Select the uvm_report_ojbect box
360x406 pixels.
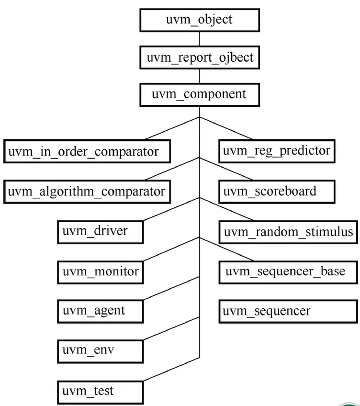coord(199,58)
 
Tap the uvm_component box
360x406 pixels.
coord(199,94)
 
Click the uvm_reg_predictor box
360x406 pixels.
coord(276,151)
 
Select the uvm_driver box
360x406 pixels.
coord(100,231)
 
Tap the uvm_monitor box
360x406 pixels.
coord(100,271)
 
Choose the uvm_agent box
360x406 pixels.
coord(100,311)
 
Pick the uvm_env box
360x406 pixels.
coord(100,350)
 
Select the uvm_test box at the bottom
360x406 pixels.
coord(100,391)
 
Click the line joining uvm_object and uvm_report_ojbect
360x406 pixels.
coord(199,39)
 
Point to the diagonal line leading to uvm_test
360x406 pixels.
coord(171,369)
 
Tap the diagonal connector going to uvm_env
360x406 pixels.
coord(171,329)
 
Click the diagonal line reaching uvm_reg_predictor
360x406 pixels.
coord(225,128)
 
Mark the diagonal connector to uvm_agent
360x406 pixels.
coord(171,289)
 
